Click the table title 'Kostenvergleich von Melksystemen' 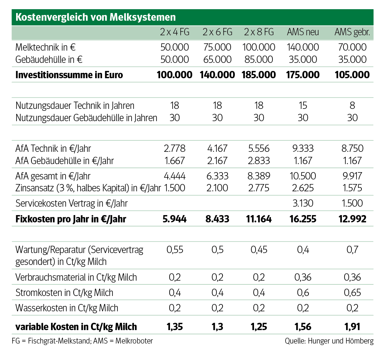(96, 17)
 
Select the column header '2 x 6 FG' (217, 32)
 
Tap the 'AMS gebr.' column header (352, 32)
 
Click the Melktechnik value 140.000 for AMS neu (303, 48)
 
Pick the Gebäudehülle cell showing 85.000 (259, 59)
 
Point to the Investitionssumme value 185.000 (259, 75)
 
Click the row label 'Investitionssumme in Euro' (69, 75)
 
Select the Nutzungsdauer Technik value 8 (352, 105)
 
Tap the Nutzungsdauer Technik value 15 (303, 105)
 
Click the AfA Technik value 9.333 (303, 148)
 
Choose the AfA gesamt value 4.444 (175, 176)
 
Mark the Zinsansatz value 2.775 (259, 188)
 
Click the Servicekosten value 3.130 (303, 203)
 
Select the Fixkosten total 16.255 (303, 219)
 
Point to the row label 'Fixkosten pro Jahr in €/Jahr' (71, 219)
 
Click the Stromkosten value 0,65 (352, 293)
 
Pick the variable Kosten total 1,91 (352, 327)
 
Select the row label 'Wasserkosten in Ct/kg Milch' (67, 308)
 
